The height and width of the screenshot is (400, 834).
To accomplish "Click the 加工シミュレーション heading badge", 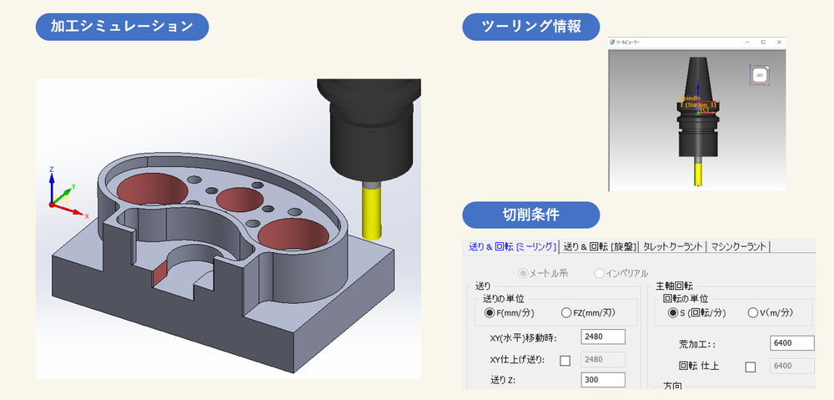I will (x=121, y=26).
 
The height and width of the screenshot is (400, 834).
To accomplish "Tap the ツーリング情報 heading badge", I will (x=531, y=26).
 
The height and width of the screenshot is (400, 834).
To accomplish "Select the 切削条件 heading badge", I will (x=531, y=215).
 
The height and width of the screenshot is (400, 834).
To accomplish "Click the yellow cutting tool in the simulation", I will (x=371, y=210).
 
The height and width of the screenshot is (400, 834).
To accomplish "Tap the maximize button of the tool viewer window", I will (x=762, y=42).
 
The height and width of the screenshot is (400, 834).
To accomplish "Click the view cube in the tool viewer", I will (x=759, y=75).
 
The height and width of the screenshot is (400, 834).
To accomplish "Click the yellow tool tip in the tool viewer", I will (x=697, y=173).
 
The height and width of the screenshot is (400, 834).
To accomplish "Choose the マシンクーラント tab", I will (x=739, y=246).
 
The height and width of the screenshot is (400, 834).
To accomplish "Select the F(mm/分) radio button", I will (x=490, y=313).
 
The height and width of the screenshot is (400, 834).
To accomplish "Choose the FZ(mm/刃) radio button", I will (x=567, y=313).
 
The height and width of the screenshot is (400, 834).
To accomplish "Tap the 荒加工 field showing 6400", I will (x=792, y=342).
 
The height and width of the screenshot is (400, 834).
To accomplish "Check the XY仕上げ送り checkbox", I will (x=565, y=360).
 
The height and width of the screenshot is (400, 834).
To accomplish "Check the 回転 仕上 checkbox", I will (x=750, y=366).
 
